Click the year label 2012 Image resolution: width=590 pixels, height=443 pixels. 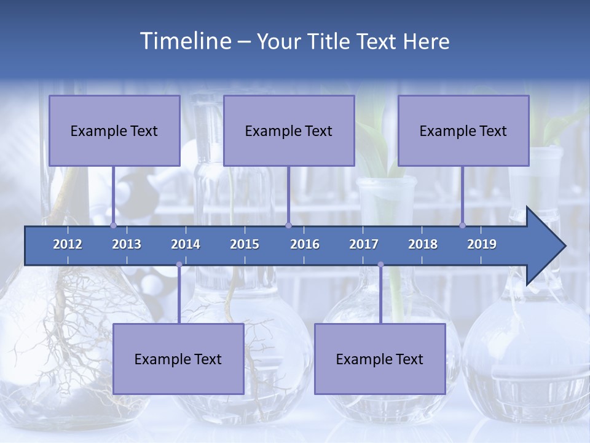click(x=68, y=244)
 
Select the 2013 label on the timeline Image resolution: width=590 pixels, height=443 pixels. click(x=127, y=244)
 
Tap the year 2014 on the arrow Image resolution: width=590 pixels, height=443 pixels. click(x=186, y=244)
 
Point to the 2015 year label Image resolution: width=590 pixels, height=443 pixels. click(x=245, y=244)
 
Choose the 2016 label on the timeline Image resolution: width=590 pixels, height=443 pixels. click(x=305, y=244)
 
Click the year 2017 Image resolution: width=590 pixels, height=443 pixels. click(x=364, y=244)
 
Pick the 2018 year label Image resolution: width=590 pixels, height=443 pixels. click(x=423, y=244)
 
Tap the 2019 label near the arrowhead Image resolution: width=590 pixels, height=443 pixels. click(x=482, y=244)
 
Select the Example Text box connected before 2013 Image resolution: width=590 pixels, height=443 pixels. click(x=114, y=130)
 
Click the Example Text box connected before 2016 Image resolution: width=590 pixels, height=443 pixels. click(x=289, y=130)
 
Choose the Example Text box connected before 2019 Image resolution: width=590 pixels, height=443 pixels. click(x=463, y=130)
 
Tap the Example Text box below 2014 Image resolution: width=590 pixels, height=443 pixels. click(x=178, y=359)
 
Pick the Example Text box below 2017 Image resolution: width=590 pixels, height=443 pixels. click(x=380, y=359)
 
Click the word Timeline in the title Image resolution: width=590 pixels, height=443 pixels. click(x=184, y=41)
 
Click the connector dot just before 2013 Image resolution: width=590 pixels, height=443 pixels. click(x=113, y=225)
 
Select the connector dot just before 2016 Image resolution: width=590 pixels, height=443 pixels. click(x=288, y=225)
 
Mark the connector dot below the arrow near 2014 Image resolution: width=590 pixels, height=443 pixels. click(x=179, y=265)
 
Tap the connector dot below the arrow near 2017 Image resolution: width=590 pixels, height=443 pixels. click(x=380, y=265)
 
